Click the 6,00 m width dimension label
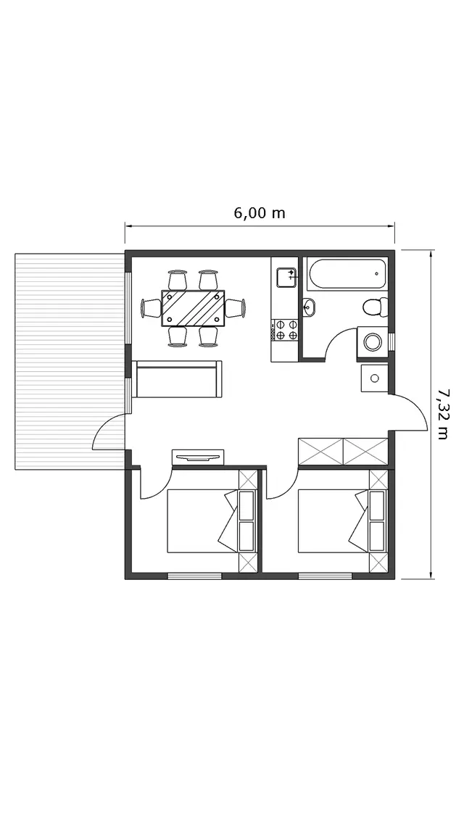click(x=260, y=213)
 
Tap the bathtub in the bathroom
click(x=347, y=273)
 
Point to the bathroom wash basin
click(x=309, y=307)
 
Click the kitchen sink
click(x=286, y=277)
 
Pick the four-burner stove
click(x=285, y=330)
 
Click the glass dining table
click(x=193, y=308)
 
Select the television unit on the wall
click(x=199, y=457)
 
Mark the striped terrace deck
click(x=70, y=362)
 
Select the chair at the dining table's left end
click(x=151, y=308)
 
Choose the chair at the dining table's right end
click(x=236, y=308)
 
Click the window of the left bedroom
click(x=194, y=576)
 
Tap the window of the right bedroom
click(x=325, y=576)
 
